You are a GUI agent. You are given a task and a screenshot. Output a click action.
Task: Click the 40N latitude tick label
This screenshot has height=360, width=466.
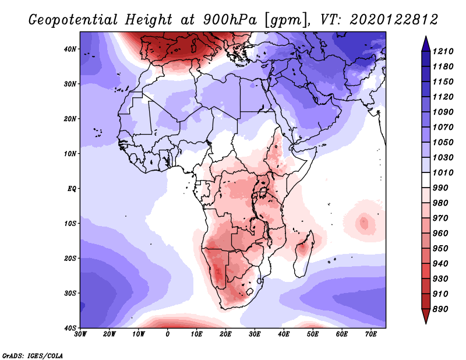(x=70, y=49)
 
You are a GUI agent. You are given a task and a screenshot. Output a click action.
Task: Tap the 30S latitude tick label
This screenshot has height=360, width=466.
(x=70, y=293)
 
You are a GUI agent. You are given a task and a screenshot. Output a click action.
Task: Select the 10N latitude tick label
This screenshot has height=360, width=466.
(x=70, y=154)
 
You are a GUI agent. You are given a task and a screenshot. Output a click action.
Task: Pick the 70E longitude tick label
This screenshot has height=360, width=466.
(x=371, y=334)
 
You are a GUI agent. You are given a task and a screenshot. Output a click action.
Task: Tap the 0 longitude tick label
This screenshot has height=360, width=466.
(x=168, y=334)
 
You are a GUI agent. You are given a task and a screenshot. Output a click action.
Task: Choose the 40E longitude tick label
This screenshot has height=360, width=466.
(x=284, y=334)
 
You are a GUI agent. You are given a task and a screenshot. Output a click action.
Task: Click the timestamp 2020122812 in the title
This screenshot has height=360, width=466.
(x=394, y=20)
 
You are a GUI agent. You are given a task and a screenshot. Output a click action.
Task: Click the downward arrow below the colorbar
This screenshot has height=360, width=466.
(x=426, y=317)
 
